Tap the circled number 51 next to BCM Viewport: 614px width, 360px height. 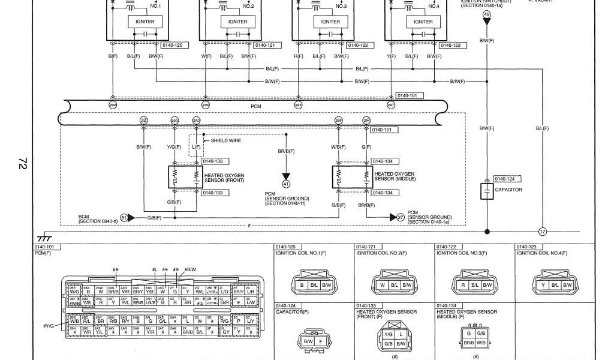tap(124, 217)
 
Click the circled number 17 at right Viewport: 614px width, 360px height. tap(543, 232)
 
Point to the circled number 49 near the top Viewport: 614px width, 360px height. tap(486, 14)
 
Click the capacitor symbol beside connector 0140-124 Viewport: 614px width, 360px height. tap(486, 191)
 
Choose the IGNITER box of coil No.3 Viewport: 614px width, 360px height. tap(330, 22)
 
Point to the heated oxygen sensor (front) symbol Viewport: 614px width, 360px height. tap(185, 176)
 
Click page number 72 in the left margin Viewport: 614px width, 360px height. tap(23, 163)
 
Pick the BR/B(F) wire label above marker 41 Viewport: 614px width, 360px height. tap(286, 152)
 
